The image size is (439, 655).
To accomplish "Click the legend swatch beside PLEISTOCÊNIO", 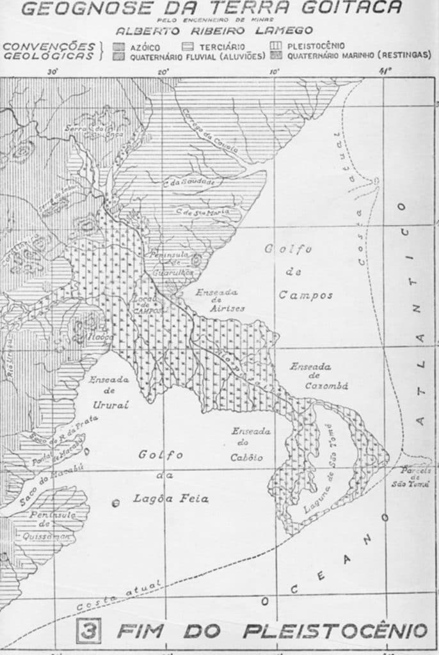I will [276, 47].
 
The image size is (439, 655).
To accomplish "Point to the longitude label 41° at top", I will [384, 71].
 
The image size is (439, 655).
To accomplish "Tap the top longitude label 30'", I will [52, 71].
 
